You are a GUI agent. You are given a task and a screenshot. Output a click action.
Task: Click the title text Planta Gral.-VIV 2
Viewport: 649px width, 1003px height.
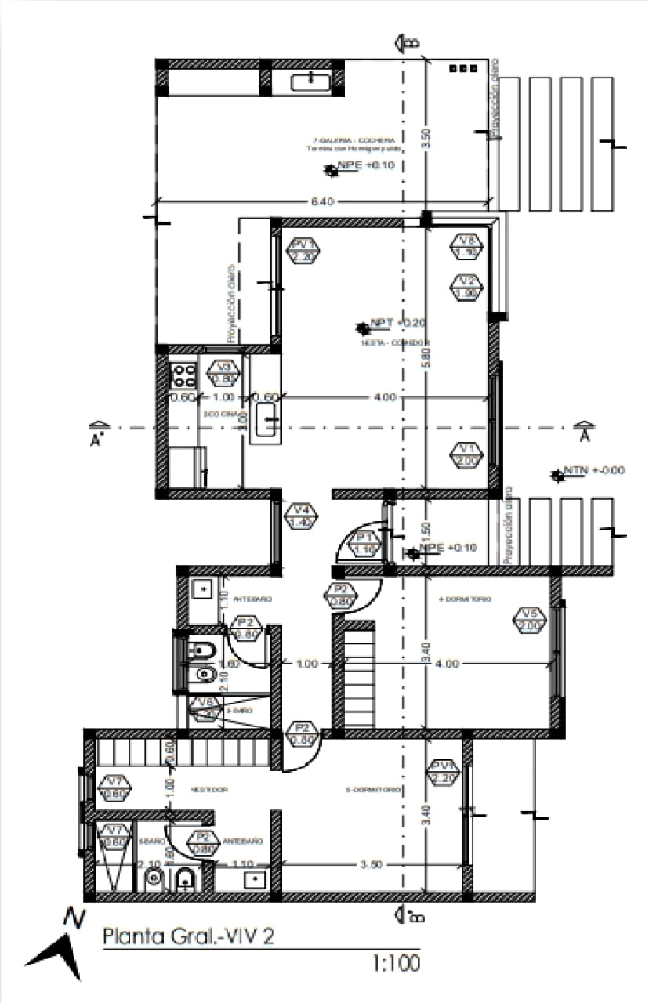click(189, 936)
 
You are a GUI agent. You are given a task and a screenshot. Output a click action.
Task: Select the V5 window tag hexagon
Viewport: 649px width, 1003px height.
click(530, 620)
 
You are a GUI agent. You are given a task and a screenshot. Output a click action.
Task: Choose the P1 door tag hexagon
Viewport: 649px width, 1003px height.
click(364, 543)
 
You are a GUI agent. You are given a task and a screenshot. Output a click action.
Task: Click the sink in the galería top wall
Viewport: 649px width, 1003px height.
click(311, 81)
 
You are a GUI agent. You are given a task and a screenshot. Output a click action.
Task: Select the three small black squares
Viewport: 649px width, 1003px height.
click(462, 69)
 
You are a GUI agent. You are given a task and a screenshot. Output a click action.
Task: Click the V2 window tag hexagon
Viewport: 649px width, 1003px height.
click(468, 287)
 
